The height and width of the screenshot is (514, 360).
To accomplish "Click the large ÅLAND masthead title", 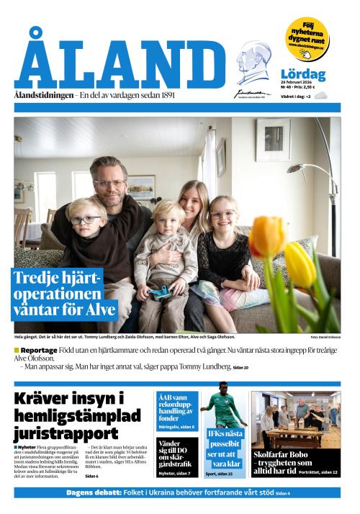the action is pyautogui.click(x=120, y=65).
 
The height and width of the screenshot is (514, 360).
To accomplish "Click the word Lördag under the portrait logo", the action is pyautogui.click(x=302, y=74).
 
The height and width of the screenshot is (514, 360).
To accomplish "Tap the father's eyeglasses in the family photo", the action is pyautogui.click(x=110, y=184).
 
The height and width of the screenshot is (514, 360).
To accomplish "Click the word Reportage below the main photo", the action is pyautogui.click(x=39, y=351).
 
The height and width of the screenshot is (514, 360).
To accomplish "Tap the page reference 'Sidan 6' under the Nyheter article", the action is pyautogui.click(x=91, y=477).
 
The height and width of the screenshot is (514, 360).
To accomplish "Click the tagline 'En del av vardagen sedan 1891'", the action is pyautogui.click(x=131, y=95).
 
